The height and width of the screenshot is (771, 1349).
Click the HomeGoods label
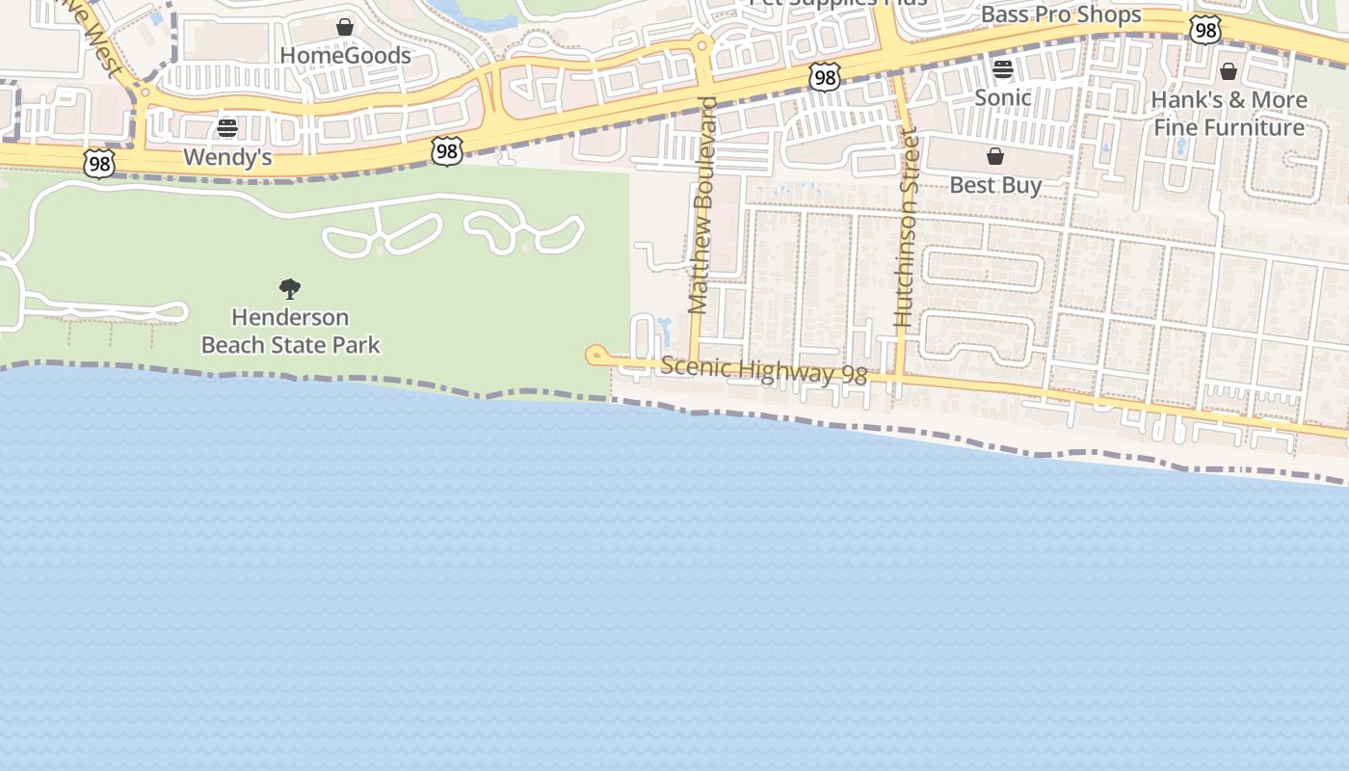pos(345,56)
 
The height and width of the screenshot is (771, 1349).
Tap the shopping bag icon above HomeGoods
pos(345,27)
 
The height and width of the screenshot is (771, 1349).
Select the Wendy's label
pos(227,157)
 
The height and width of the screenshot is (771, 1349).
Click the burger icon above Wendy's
pos(227,128)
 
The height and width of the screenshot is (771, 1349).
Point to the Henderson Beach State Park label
pos(290,331)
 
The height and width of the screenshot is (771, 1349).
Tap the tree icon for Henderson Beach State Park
pos(290,288)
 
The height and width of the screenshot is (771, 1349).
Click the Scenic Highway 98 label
pos(764,370)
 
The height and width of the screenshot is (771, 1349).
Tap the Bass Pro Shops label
pos(1061,14)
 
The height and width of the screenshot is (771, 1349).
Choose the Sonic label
pos(1003,97)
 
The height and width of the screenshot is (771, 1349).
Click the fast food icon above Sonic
pos(1003,69)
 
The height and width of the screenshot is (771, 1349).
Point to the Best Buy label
pos(995,185)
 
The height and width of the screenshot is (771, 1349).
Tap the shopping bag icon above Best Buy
pos(995,156)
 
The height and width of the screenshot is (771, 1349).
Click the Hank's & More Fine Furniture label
pos(1229,114)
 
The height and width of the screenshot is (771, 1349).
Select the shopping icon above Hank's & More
pos(1229,71)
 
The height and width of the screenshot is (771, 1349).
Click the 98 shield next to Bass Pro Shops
pos(1205,30)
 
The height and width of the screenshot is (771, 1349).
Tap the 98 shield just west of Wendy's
pos(99,164)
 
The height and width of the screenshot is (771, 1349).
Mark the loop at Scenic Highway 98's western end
pos(595,356)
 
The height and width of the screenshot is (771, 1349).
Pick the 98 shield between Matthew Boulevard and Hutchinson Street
pos(825,77)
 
